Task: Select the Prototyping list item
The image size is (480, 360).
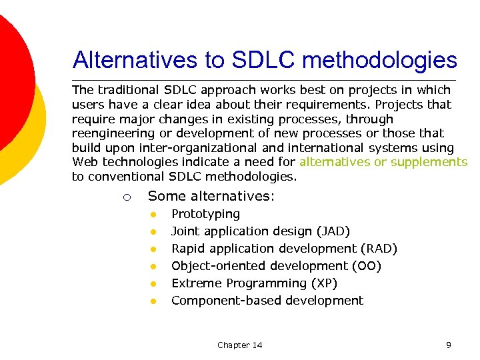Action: coord(205,214)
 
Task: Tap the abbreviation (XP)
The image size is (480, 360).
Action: coord(324,283)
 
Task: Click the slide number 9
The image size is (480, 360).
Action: coord(449,345)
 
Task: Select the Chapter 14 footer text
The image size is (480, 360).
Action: coord(239,345)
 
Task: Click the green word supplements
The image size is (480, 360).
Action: coord(429,162)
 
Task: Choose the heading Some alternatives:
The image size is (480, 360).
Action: coord(211,196)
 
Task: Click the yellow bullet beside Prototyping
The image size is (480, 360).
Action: coord(153,215)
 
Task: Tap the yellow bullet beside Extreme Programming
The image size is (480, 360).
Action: coord(153,284)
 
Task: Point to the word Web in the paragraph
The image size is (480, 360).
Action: coord(84,162)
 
